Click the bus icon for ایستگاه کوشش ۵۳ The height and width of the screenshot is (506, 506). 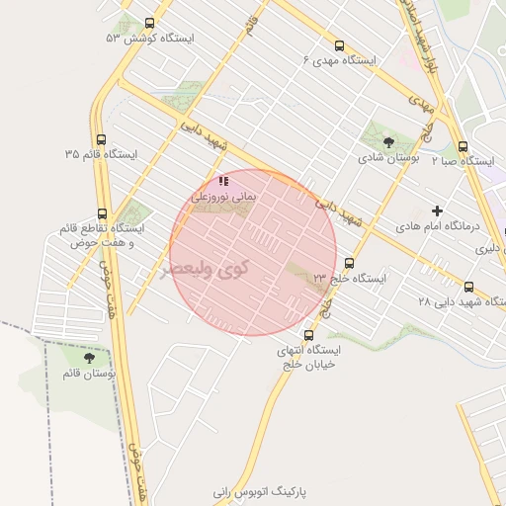[150, 23]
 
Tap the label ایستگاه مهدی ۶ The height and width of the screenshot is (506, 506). [340, 60]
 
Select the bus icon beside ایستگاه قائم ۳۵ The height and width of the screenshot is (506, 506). [102, 140]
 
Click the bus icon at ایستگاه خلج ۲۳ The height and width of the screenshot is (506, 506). [349, 263]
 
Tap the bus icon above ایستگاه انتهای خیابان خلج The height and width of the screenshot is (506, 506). [309, 335]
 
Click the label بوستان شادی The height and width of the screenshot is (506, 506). [389, 157]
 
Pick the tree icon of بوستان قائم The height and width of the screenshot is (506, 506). [90, 358]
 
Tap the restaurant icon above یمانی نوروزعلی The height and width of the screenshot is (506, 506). [224, 181]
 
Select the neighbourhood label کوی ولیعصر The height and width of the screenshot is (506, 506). [205, 268]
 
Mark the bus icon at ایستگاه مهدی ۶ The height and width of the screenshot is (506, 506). [340, 45]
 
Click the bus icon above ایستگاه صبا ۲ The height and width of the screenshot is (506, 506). [463, 144]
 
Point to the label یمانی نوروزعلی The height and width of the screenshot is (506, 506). [222, 197]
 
